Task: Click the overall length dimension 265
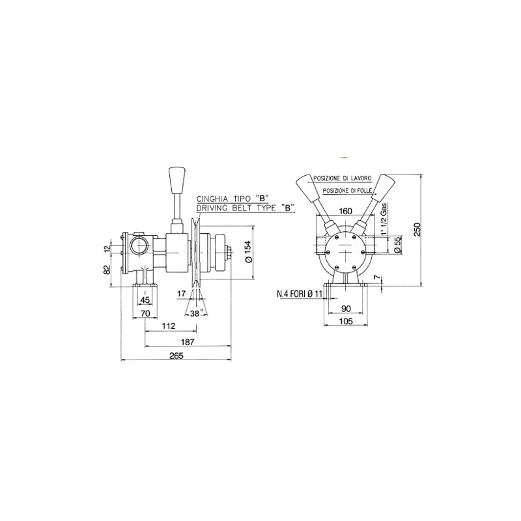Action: tap(176, 356)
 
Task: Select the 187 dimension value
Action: tap(188, 341)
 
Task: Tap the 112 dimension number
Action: tap(169, 326)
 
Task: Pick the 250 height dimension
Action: tap(417, 229)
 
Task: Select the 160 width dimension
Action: tap(346, 211)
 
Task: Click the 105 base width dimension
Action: tap(346, 320)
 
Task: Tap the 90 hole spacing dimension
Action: tap(346, 309)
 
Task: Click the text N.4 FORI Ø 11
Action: tap(300, 294)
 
